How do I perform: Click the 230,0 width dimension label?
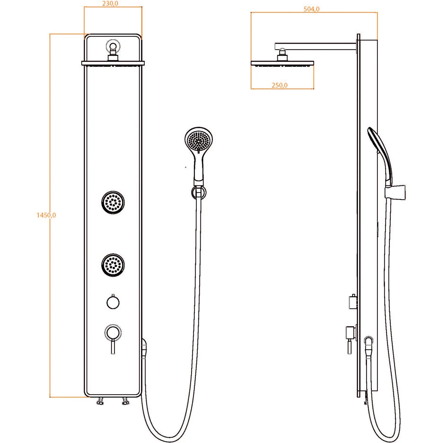(x=110, y=4)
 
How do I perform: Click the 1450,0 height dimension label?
(x=46, y=215)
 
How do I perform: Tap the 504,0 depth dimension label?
(x=312, y=9)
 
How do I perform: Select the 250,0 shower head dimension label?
(x=279, y=85)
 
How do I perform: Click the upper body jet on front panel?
(x=113, y=202)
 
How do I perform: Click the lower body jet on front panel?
(x=113, y=265)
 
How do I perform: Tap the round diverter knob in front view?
(x=113, y=302)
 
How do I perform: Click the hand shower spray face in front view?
(x=199, y=141)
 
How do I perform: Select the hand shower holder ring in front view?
(x=199, y=193)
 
